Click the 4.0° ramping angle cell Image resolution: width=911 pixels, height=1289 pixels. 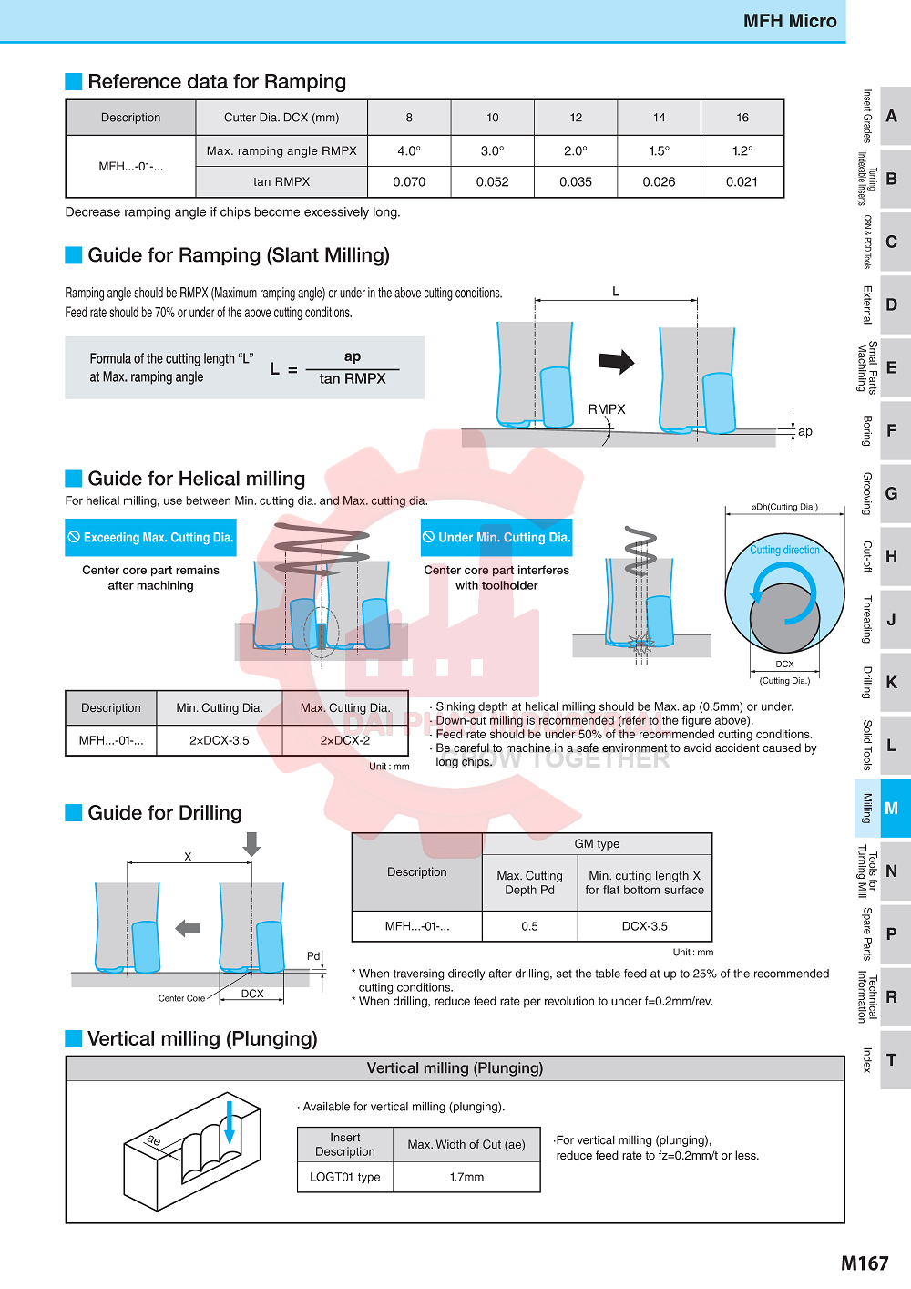coord(409,150)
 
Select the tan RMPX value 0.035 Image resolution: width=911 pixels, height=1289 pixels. coord(576,181)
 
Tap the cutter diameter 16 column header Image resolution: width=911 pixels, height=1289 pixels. coord(742,118)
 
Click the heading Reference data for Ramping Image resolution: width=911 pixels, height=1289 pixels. coord(217,82)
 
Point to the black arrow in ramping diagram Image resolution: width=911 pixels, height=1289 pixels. coord(616,362)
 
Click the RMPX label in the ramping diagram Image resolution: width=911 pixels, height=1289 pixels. coord(607,409)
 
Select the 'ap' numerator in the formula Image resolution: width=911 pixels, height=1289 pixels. coord(353,356)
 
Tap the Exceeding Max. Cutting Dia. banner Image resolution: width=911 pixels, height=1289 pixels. coord(151,538)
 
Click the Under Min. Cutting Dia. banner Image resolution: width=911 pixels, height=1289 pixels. coord(496,538)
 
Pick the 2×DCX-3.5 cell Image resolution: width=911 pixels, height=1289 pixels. coord(220,740)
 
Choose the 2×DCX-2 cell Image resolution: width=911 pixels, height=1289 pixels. coord(345,740)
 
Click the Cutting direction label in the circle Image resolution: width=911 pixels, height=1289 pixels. coord(784,550)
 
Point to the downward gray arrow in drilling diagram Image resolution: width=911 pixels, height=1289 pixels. coord(251,843)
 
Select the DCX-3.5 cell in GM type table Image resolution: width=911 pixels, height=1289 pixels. coord(645,926)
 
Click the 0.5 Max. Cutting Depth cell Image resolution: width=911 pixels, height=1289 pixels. coord(529,926)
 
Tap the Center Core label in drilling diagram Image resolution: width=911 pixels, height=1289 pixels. coord(181,998)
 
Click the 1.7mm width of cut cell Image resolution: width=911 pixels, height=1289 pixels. coord(466,1177)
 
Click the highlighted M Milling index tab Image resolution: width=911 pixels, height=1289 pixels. coord(883,808)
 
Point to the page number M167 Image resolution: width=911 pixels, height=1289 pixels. coord(864,1263)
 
